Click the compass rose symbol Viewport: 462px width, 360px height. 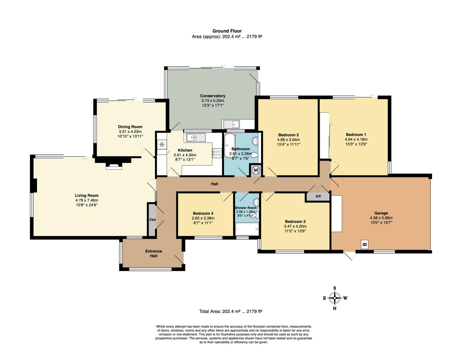335,298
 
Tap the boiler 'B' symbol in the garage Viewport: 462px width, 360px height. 365,244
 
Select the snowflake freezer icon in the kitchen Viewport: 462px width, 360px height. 162,144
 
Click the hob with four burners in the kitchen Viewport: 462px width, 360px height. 217,153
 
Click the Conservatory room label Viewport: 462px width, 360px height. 212,96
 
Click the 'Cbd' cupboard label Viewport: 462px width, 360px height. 152,220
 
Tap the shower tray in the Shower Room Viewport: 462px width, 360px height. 247,229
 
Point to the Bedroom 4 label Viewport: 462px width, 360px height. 203,214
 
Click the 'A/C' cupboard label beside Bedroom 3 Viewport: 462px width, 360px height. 318,196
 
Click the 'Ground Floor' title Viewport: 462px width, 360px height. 227,31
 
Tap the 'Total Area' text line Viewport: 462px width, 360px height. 230,311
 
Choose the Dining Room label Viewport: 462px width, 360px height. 130,127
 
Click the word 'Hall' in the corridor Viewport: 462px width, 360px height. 214,184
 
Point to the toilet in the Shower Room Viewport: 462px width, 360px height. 256,202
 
